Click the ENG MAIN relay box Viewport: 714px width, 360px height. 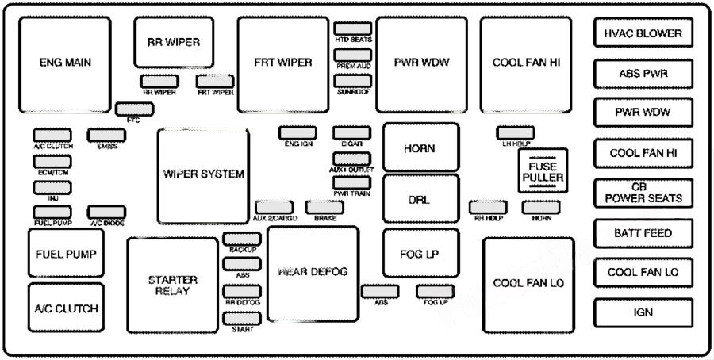point(65,63)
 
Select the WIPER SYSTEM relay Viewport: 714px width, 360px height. point(203,175)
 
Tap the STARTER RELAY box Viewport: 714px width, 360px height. point(172,286)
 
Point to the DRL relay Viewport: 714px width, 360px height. point(420,199)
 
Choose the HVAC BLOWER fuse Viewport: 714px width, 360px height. point(643,34)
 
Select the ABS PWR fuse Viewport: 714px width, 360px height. point(643,74)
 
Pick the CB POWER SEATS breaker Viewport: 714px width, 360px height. point(643,193)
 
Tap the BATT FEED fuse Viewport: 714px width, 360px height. point(643,233)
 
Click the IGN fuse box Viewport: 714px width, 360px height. point(643,312)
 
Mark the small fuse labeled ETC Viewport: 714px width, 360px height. point(129,109)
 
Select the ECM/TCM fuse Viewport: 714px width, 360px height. point(52,161)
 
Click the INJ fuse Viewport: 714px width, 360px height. point(52,187)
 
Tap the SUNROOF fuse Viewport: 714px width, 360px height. point(353,81)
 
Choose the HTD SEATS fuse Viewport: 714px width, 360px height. point(353,29)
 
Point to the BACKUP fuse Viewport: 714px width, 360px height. point(242,239)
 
